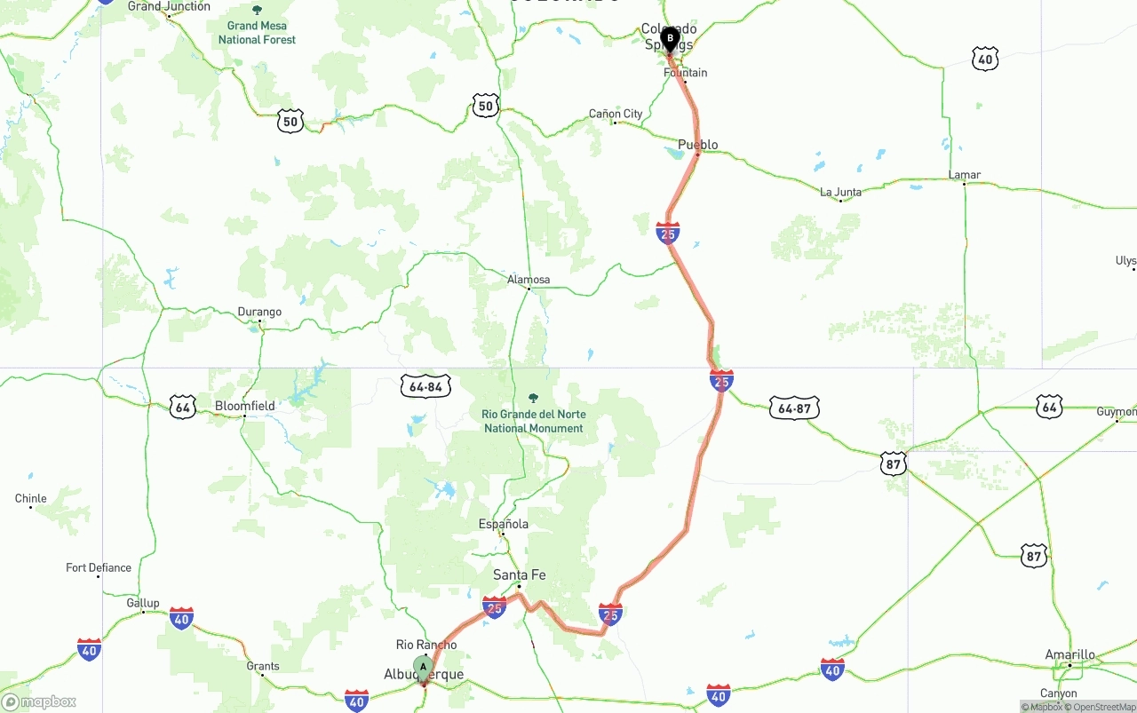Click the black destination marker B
click(669, 39)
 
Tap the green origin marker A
click(424, 667)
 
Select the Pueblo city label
click(697, 145)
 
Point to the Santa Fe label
click(520, 575)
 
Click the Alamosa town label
click(529, 280)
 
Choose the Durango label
click(259, 312)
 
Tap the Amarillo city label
click(1069, 655)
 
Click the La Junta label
click(840, 192)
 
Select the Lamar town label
click(965, 175)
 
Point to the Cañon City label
click(616, 114)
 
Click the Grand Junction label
click(169, 6)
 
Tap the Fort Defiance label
click(99, 567)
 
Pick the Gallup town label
click(142, 603)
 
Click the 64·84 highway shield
click(426, 387)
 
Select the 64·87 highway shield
click(794, 408)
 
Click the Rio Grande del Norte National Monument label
click(533, 421)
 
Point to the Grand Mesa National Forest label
click(257, 33)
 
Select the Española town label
click(504, 524)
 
